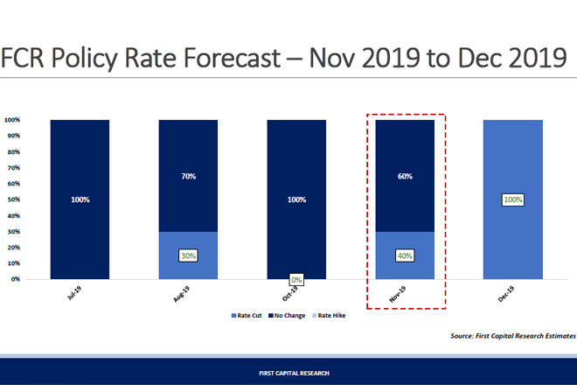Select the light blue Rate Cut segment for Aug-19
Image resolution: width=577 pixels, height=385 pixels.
(x=188, y=262)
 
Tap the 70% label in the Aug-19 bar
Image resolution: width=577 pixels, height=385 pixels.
(x=188, y=176)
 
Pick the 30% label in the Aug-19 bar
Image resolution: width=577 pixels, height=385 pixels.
(x=188, y=255)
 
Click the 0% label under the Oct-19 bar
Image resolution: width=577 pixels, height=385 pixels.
(x=297, y=279)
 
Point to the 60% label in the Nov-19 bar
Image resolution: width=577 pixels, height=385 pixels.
(x=406, y=176)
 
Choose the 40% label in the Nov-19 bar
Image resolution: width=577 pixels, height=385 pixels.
(x=406, y=255)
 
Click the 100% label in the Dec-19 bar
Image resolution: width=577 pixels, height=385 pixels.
(x=513, y=200)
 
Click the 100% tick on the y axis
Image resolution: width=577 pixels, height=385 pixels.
(x=12, y=120)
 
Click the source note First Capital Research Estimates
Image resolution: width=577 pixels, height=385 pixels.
(x=513, y=336)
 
